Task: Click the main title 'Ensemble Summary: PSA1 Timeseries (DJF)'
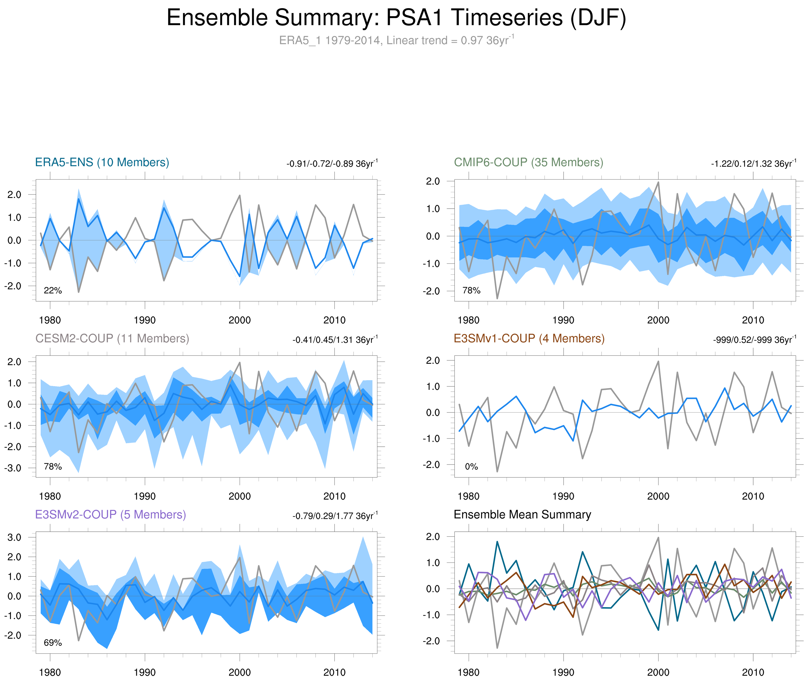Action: (x=396, y=18)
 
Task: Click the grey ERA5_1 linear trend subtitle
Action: (x=396, y=40)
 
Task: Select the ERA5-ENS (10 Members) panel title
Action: (x=102, y=162)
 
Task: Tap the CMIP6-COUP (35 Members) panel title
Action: (x=528, y=162)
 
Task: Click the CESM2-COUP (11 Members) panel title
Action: (x=112, y=339)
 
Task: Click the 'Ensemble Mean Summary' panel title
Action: (x=522, y=515)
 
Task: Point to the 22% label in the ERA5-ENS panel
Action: (x=53, y=290)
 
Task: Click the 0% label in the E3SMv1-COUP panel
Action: (x=471, y=466)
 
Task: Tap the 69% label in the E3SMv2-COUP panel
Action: (x=53, y=643)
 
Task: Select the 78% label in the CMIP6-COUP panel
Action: (x=471, y=290)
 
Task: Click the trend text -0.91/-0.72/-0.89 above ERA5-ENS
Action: (x=332, y=164)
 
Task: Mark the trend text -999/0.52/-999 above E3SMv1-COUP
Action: (x=754, y=340)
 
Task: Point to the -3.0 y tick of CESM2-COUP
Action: (x=13, y=468)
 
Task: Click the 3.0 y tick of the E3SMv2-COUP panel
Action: (x=14, y=537)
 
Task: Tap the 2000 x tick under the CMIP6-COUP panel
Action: (x=658, y=320)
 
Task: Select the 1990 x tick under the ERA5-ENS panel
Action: (x=145, y=320)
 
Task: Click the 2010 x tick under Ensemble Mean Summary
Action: (x=753, y=672)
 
